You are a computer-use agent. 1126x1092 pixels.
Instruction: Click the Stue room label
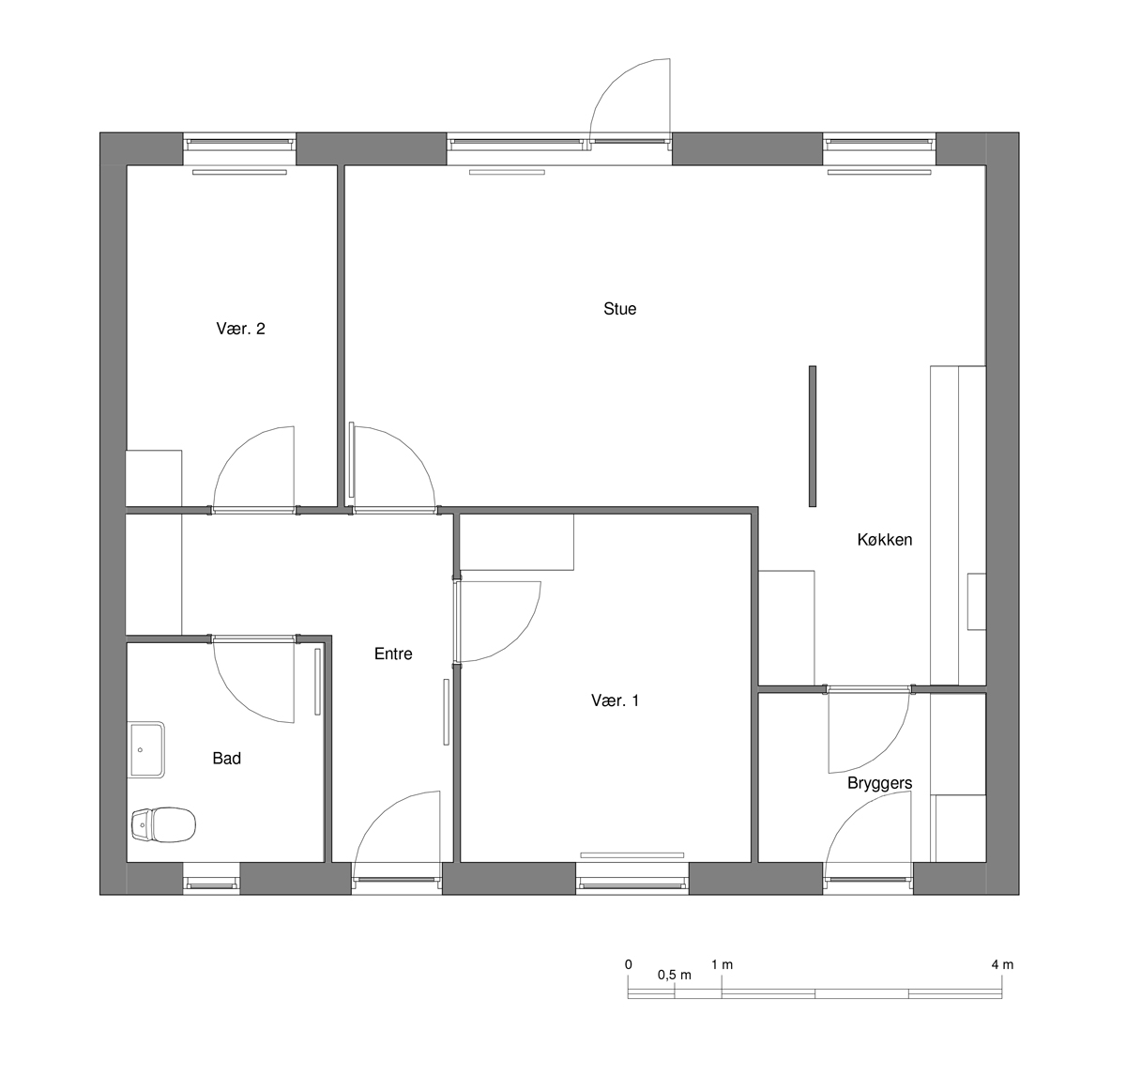tap(619, 309)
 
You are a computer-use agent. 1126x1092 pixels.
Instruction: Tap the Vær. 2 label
tap(241, 329)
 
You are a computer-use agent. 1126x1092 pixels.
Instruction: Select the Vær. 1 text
tap(615, 700)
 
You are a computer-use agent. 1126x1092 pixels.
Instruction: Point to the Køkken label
tap(885, 540)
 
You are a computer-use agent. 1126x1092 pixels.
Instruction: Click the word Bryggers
tap(880, 783)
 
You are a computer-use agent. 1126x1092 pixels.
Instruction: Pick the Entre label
tap(393, 654)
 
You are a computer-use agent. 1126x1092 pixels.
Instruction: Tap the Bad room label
tap(227, 759)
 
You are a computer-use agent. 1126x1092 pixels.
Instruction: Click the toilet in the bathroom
tap(163, 823)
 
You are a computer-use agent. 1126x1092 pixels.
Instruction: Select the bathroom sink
tap(146, 749)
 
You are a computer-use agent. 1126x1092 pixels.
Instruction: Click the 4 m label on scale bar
tap(1003, 964)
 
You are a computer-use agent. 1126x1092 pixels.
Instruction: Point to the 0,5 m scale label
tap(675, 975)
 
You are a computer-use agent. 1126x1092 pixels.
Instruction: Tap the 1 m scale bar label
tap(723, 964)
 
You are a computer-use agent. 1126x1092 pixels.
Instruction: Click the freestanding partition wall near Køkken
tap(813, 436)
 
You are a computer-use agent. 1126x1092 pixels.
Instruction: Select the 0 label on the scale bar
tap(629, 964)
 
